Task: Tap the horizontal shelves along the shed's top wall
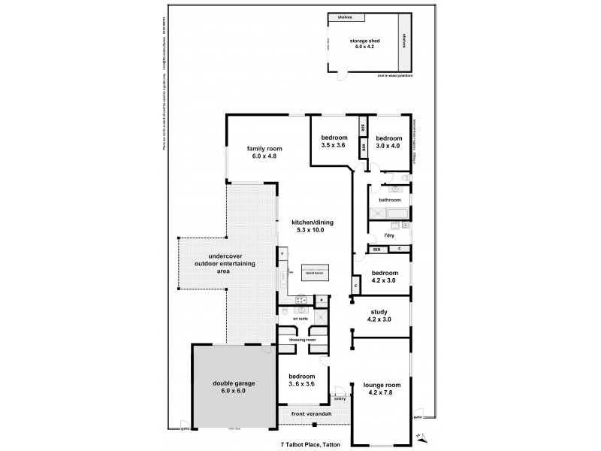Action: click(346, 17)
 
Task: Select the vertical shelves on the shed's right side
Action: click(404, 41)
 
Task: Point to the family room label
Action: click(263, 153)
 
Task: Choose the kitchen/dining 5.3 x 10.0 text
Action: click(313, 227)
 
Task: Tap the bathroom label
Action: click(389, 200)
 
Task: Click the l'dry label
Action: click(389, 235)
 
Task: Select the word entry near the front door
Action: click(340, 399)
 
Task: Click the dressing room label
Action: click(300, 340)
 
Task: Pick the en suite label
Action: click(300, 319)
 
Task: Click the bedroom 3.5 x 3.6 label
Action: click(334, 141)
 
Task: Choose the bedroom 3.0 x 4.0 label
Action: click(388, 142)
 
